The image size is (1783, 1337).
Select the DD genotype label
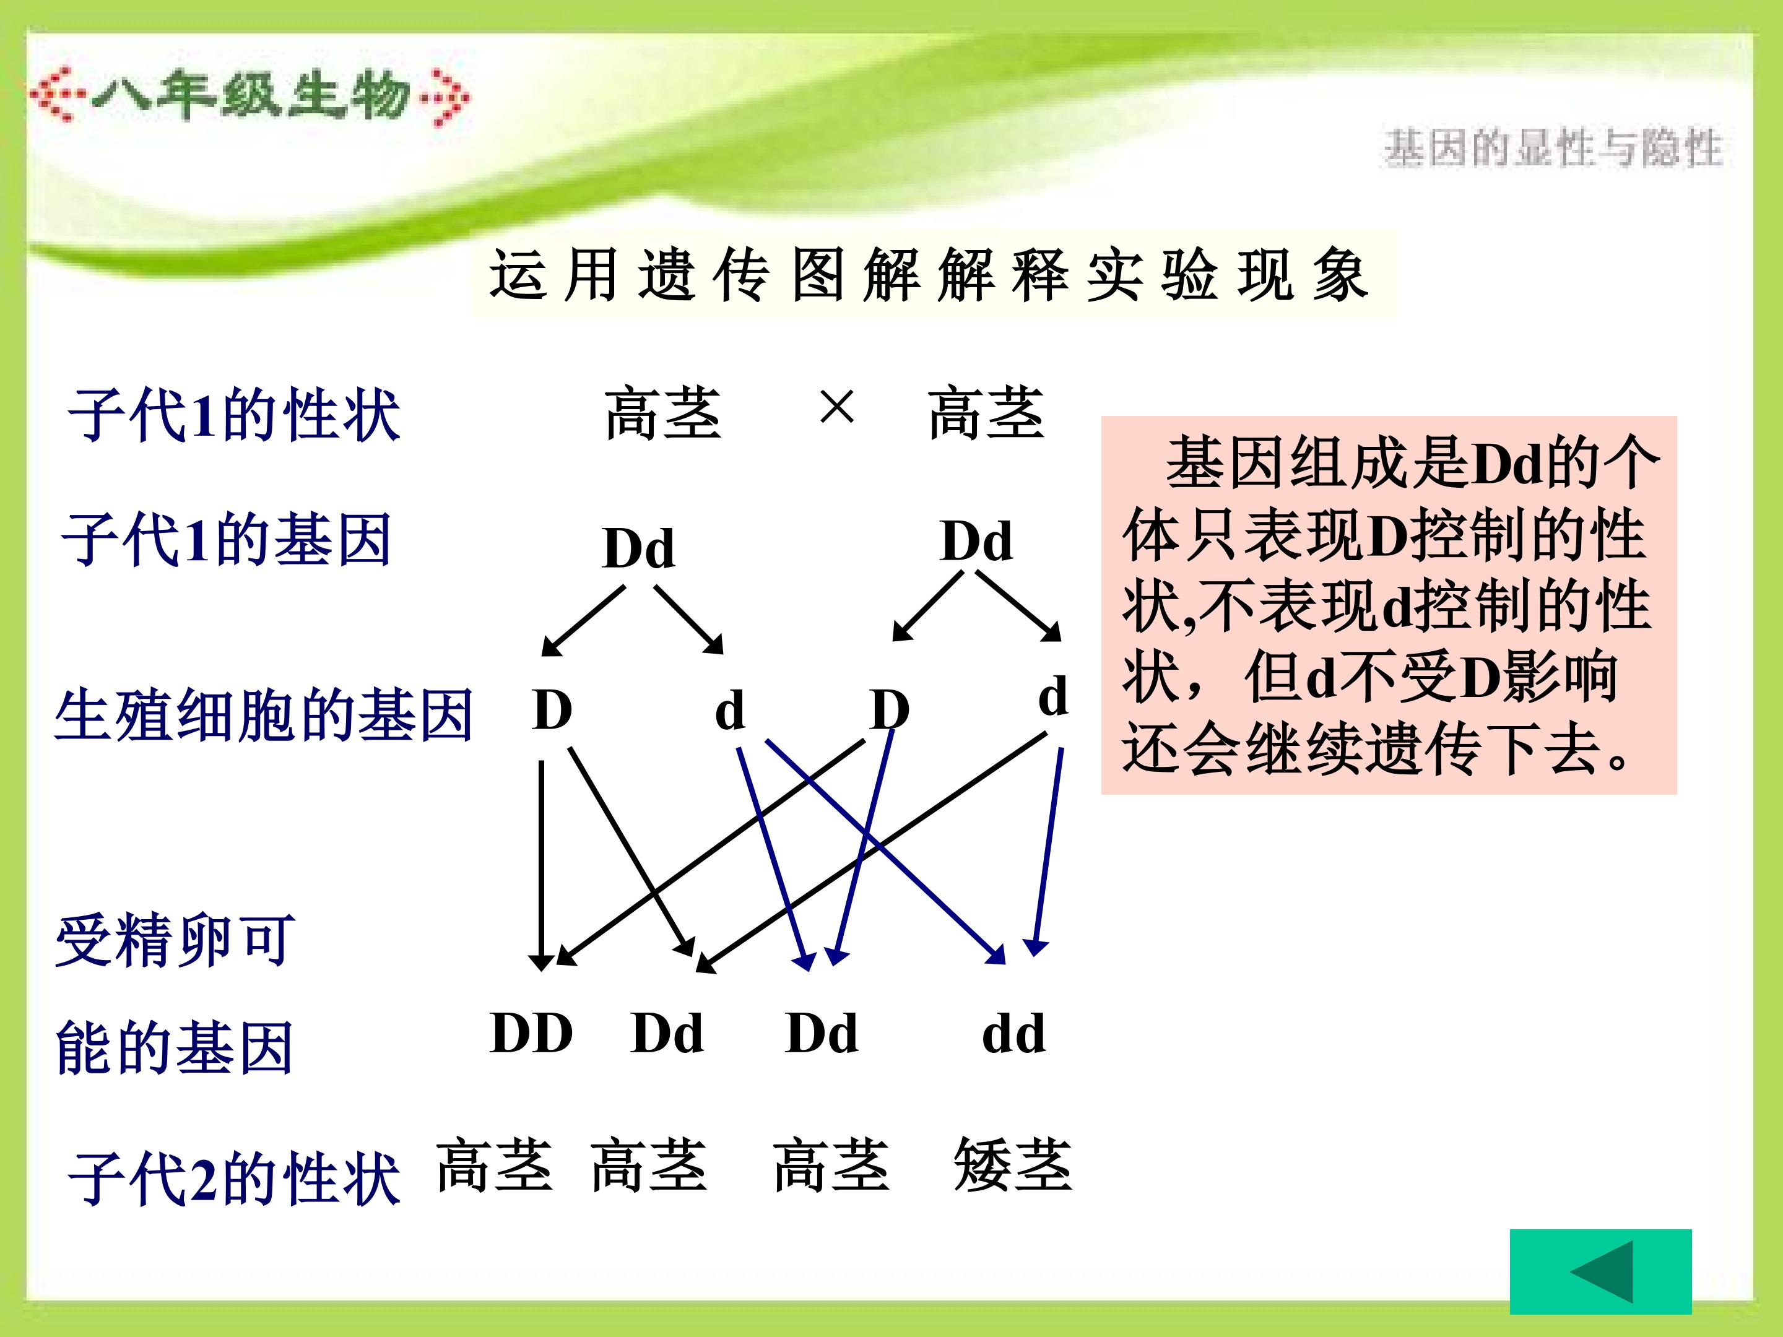click(532, 1033)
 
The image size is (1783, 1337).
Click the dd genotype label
click(1014, 1033)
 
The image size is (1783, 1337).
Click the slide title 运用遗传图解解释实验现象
click(929, 275)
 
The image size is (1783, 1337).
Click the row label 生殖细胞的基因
click(264, 715)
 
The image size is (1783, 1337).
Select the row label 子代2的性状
click(234, 1179)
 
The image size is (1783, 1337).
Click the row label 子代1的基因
click(227, 540)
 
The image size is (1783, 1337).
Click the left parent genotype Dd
click(638, 549)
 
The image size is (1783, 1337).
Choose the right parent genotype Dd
click(976, 541)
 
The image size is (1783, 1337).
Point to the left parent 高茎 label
click(662, 413)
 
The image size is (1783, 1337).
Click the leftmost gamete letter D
click(552, 710)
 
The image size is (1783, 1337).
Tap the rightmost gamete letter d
click(1052, 696)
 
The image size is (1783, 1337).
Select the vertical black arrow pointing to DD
click(541, 867)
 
